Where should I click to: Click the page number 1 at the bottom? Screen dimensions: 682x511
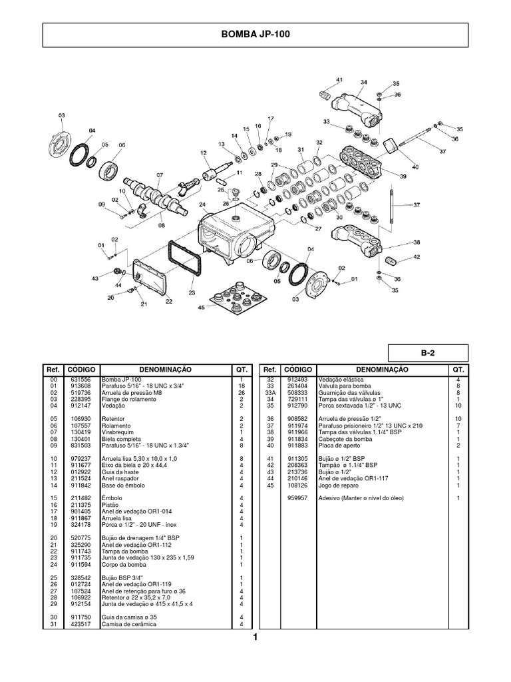254,637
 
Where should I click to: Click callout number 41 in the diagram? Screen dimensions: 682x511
339,80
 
